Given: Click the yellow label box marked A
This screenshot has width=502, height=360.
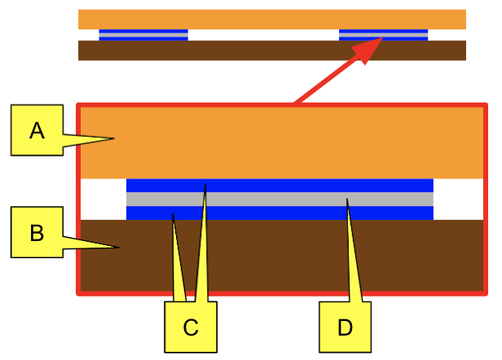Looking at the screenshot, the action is click(x=37, y=130).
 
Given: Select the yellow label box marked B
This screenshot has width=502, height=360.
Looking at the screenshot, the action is click(x=37, y=232).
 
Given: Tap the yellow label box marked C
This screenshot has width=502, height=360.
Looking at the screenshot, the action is click(x=191, y=327).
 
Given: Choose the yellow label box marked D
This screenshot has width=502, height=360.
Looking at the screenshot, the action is click(x=346, y=327).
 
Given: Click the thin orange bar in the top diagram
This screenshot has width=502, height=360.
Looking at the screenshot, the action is click(x=272, y=20).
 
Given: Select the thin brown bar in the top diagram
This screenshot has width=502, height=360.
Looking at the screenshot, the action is click(x=272, y=50).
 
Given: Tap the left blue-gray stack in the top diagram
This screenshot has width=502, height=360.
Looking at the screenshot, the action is click(x=143, y=35).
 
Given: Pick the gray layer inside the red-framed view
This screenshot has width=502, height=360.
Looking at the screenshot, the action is click(x=280, y=199).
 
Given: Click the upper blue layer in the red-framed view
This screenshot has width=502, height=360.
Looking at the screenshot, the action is click(x=280, y=186).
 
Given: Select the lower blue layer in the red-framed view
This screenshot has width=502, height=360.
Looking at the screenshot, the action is click(x=280, y=213).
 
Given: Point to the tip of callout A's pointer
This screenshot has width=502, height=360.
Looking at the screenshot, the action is click(x=114, y=138).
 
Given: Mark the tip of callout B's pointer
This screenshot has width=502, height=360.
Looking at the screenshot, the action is click(x=119, y=248).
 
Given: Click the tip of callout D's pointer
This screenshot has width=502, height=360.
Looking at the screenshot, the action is click(x=346, y=199).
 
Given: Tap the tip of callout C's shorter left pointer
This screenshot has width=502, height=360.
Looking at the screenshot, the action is click(x=173, y=213).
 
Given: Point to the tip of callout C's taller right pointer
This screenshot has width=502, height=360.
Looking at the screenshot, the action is click(x=205, y=184).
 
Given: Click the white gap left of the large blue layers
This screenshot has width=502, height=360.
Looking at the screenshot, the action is click(x=103, y=199).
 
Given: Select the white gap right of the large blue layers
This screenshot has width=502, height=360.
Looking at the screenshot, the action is click(x=459, y=199).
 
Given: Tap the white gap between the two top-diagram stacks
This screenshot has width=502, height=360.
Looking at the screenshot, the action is click(x=263, y=35).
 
